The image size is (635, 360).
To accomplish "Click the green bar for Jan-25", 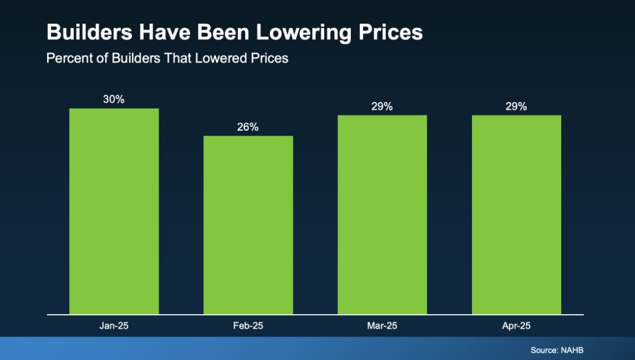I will point(114,211).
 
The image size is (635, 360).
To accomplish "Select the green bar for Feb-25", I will point(248,225).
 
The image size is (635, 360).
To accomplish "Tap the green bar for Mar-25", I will point(382,214).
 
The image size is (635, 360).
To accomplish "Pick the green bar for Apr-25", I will point(517,214).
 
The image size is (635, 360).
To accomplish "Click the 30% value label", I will point(114,99).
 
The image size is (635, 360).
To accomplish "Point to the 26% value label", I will point(248,127).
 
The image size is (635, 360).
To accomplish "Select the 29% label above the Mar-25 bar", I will point(382,106).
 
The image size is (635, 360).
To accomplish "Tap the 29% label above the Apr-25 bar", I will point(517,106).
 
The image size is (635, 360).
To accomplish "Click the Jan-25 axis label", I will point(114,326).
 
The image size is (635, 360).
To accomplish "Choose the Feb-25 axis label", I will point(248,326).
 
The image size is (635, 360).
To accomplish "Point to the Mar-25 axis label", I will point(382,326).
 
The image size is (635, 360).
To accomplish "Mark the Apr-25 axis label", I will point(517,326).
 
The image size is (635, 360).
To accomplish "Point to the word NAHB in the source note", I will point(573,350).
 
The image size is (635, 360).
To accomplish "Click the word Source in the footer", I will point(543,350).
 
